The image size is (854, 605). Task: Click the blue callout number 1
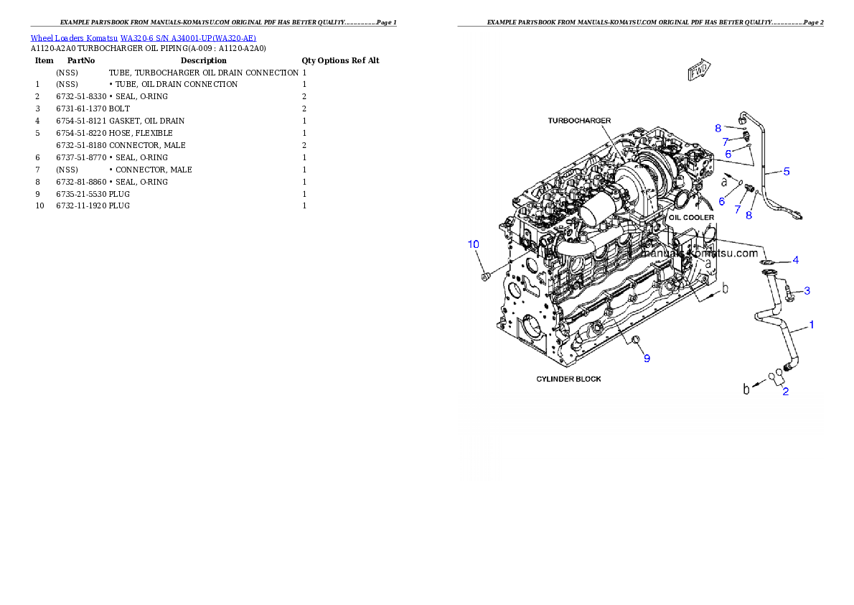coord(812,325)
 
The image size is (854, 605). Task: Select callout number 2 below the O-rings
coord(786,392)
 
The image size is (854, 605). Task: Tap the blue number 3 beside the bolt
coord(807,291)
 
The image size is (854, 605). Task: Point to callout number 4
coord(795,259)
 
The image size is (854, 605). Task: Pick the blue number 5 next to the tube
coord(787,172)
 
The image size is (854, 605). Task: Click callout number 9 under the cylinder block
coord(647,358)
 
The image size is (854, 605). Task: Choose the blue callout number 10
coord(474,244)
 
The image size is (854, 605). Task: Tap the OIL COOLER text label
coord(691,217)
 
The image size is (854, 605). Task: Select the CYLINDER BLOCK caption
coord(569,379)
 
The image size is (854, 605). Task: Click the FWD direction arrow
coord(699,70)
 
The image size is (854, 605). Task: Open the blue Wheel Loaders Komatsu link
coord(143,37)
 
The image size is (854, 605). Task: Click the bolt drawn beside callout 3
coord(788,292)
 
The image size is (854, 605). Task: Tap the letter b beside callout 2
coord(746,389)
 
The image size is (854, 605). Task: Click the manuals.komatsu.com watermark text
coord(700,254)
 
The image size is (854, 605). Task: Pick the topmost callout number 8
coord(718,128)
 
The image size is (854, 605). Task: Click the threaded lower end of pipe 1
coord(791,368)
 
